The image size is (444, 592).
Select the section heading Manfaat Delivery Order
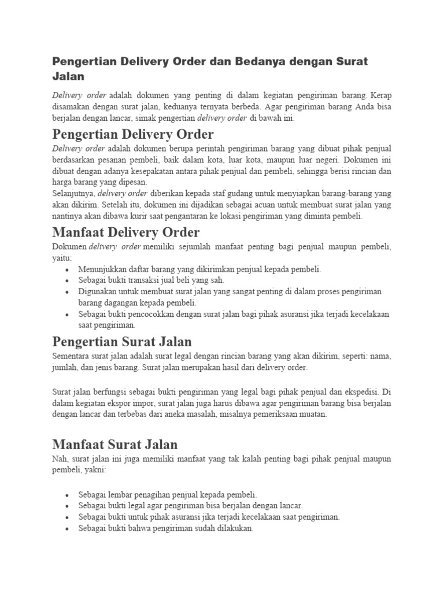(x=125, y=232)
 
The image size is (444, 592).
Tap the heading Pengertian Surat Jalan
(x=121, y=341)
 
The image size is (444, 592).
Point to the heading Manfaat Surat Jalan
(x=114, y=444)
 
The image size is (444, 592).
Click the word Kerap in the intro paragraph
(x=380, y=94)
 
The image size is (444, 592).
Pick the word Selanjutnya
(x=73, y=193)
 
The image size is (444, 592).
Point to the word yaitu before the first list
(x=61, y=258)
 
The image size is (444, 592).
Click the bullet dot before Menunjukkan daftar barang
(x=68, y=270)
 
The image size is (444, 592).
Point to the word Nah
(x=60, y=459)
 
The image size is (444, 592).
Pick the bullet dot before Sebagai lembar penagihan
(x=68, y=495)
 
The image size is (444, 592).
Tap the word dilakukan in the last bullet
(x=234, y=529)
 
